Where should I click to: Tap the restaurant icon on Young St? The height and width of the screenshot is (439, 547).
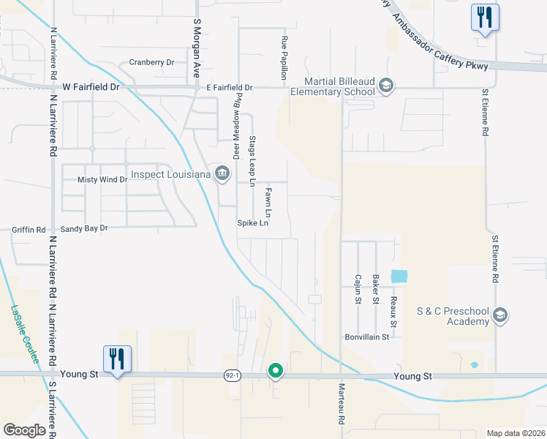pyautogui.click(x=117, y=359)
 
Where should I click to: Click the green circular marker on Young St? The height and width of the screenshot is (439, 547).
pyautogui.click(x=276, y=371)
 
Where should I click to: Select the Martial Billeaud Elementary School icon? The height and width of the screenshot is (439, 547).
pyautogui.click(x=385, y=86)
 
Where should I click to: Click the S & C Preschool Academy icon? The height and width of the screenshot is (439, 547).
pyautogui.click(x=500, y=315)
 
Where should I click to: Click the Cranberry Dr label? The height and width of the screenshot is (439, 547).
pyautogui.click(x=151, y=62)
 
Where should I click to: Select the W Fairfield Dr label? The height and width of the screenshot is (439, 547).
pyautogui.click(x=90, y=86)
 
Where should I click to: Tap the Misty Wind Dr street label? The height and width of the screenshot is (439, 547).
pyautogui.click(x=102, y=179)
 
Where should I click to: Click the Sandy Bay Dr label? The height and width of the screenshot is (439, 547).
pyautogui.click(x=84, y=228)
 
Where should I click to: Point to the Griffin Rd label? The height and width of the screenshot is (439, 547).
pyautogui.click(x=29, y=229)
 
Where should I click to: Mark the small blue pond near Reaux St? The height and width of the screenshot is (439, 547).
pyautogui.click(x=399, y=277)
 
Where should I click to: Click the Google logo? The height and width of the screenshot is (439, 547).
pyautogui.click(x=25, y=430)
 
